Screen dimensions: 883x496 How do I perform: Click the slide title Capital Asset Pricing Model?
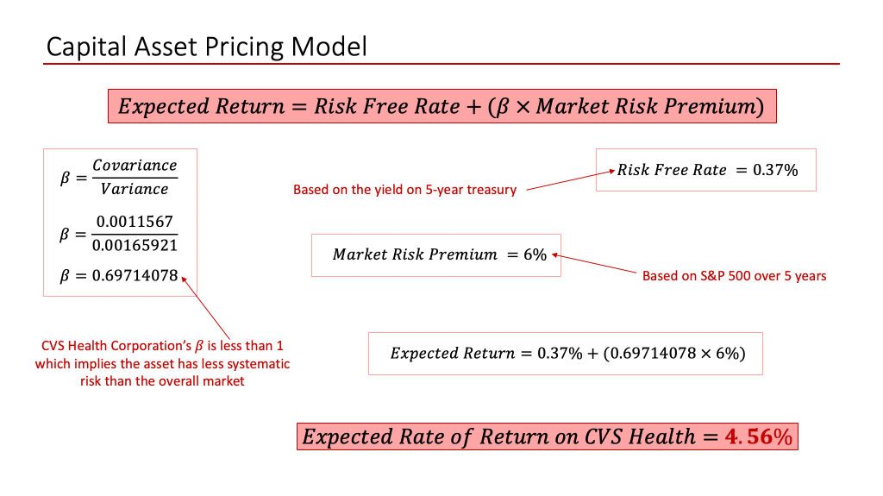click(x=207, y=47)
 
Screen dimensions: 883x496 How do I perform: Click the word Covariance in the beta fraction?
click(x=135, y=165)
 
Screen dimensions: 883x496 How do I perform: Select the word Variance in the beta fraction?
click(x=135, y=189)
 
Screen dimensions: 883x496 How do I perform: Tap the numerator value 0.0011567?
click(x=135, y=222)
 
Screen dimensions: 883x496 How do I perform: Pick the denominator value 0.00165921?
click(x=135, y=245)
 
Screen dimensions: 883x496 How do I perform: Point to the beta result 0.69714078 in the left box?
click(x=135, y=276)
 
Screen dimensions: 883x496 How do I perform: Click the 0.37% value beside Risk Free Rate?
click(x=775, y=170)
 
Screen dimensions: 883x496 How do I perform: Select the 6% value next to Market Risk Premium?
click(x=535, y=254)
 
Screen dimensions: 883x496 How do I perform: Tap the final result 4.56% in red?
click(x=759, y=436)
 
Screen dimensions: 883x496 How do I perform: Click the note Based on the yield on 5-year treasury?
click(x=405, y=190)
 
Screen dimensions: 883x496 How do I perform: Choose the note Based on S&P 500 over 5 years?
click(x=735, y=276)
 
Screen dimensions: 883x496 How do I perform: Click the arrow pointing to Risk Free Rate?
click(x=571, y=179)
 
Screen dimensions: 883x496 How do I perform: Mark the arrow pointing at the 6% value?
click(x=594, y=263)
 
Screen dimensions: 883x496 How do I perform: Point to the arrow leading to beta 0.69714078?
click(x=205, y=308)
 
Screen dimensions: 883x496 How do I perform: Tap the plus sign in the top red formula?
click(x=474, y=107)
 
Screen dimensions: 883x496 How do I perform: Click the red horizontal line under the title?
click(x=441, y=64)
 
